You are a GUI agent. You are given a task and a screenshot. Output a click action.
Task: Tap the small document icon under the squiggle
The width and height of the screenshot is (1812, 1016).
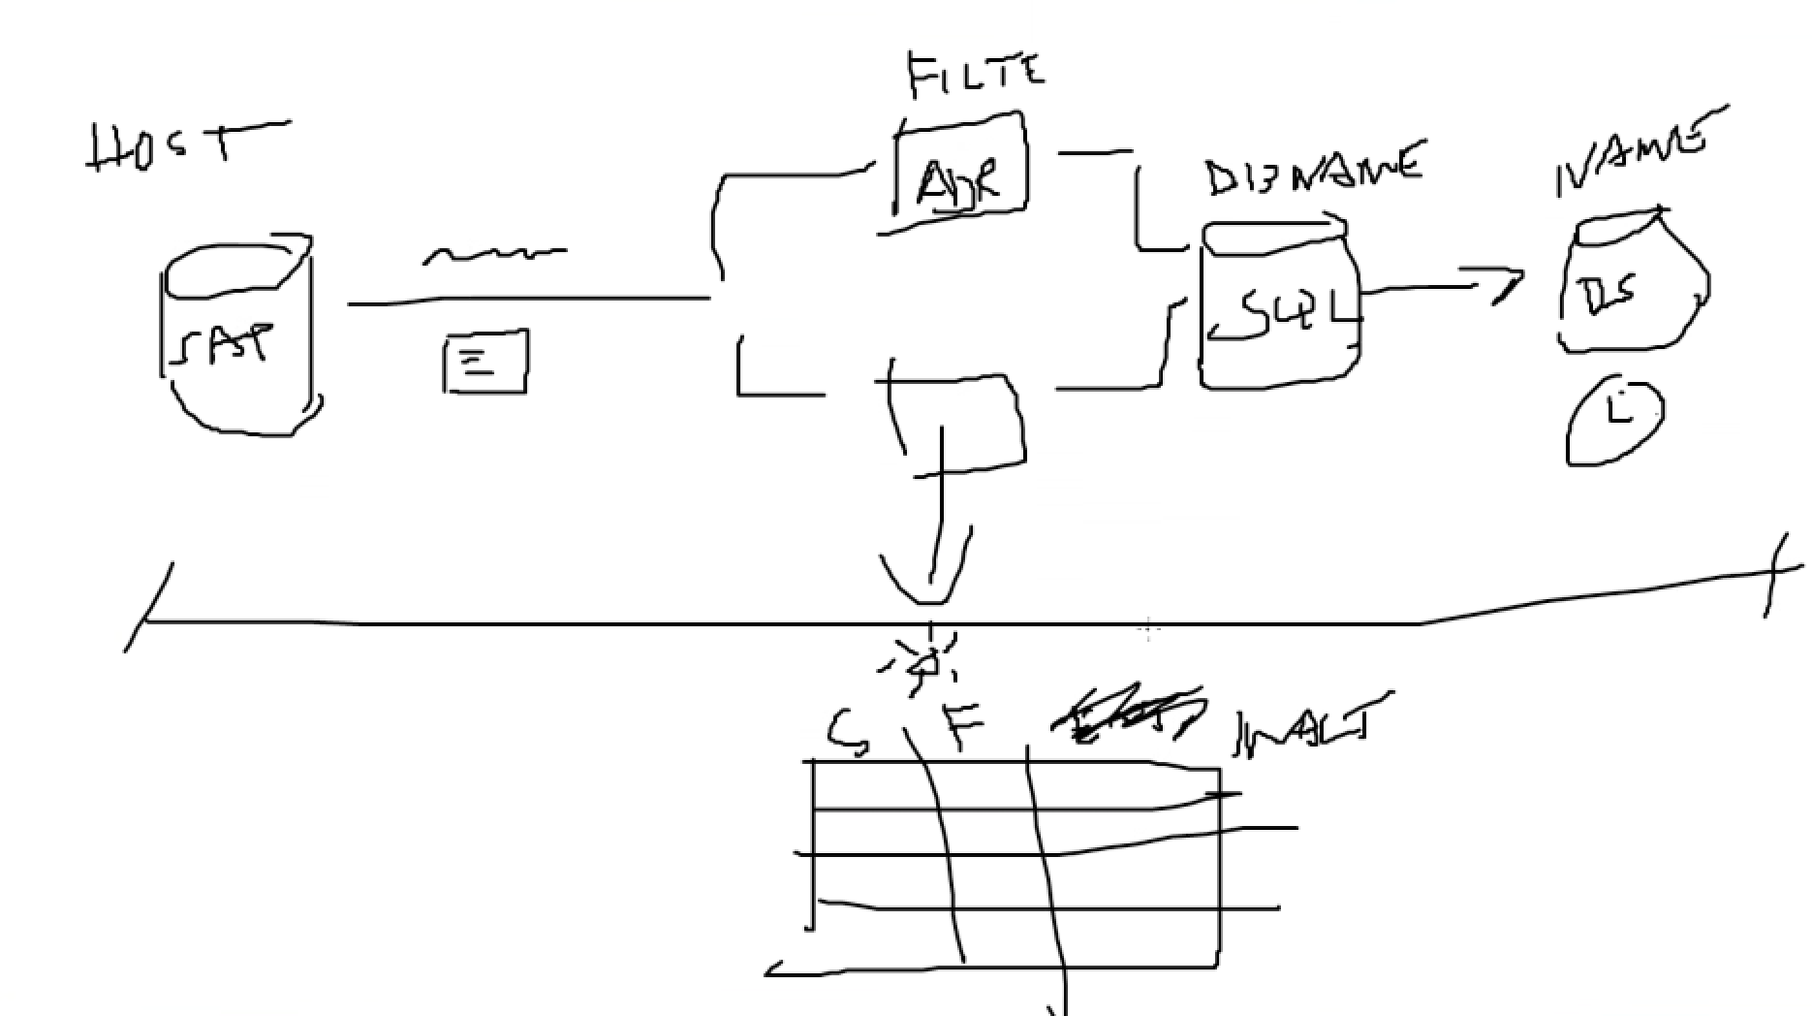[484, 362]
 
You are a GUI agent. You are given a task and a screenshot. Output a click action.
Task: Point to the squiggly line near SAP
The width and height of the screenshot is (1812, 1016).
[494, 255]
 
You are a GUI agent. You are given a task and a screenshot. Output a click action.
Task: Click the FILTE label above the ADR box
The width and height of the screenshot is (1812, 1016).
[976, 75]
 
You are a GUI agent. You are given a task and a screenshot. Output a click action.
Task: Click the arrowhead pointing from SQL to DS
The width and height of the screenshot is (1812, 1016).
[1507, 285]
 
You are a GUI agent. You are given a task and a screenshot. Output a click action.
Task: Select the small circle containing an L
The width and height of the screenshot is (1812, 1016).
[1614, 421]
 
